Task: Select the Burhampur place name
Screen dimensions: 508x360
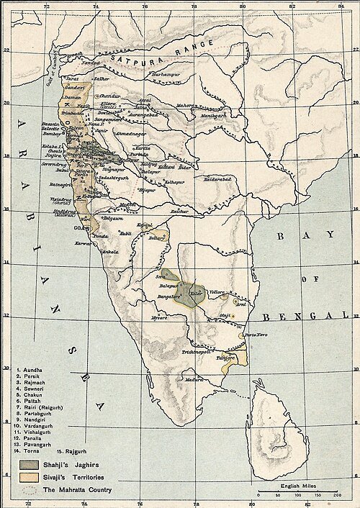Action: point(165,74)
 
